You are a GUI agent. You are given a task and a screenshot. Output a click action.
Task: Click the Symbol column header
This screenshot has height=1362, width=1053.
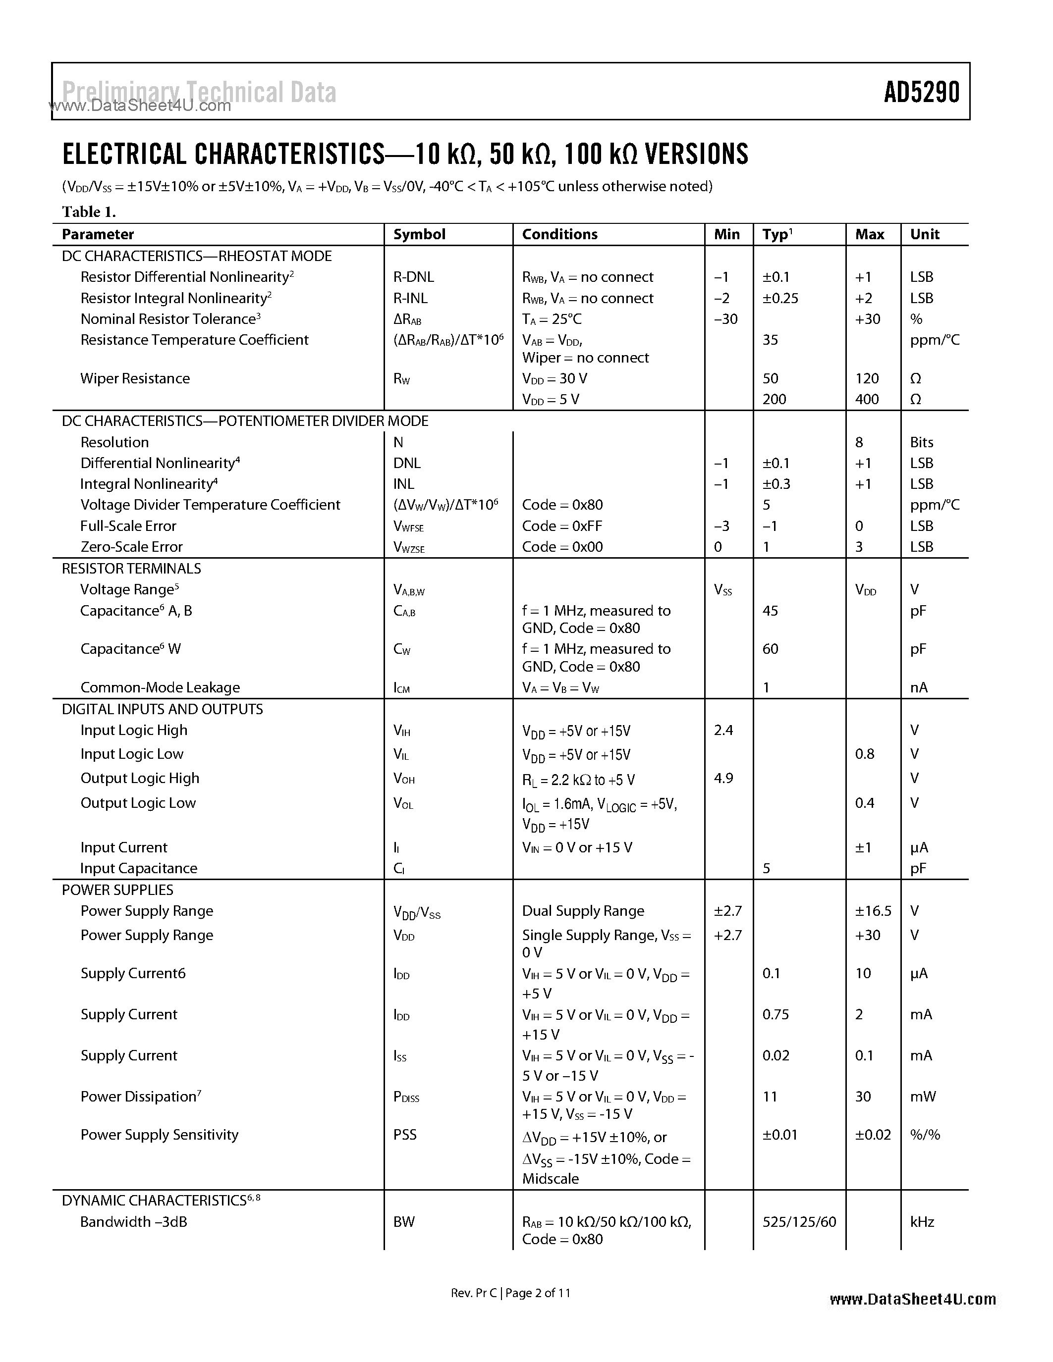pos(419,234)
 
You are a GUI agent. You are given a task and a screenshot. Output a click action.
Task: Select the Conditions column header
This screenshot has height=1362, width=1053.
pos(559,234)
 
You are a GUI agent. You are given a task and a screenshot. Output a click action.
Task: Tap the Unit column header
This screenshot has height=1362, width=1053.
pos(925,234)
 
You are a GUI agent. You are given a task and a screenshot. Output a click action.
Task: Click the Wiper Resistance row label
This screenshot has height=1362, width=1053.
pos(135,378)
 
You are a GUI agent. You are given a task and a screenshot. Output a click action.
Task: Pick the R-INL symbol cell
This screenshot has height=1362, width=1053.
pos(410,298)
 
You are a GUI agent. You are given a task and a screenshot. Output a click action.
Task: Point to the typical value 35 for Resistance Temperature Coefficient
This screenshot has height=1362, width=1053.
pos(771,340)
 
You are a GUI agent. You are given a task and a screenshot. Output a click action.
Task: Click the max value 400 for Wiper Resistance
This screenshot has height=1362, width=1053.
pos(867,399)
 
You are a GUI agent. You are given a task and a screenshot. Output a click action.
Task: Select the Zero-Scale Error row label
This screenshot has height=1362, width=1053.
pos(132,547)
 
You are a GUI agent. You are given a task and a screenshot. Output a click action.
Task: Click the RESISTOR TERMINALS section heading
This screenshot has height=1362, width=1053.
pos(132,569)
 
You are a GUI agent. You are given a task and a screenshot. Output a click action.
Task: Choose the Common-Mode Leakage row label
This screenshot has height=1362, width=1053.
pos(161,687)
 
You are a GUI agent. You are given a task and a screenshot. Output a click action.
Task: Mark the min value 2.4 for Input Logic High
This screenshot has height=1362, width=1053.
pos(723,730)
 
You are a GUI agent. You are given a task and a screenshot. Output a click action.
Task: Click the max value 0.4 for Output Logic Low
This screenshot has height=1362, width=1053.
pos(865,803)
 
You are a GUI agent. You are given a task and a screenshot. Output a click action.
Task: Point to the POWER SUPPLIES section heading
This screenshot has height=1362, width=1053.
pos(117,890)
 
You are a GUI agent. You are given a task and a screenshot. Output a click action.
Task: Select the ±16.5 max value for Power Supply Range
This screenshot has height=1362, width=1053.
pos(873,911)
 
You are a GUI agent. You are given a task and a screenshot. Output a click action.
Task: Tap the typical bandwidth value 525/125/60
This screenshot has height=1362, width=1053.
pos(799,1222)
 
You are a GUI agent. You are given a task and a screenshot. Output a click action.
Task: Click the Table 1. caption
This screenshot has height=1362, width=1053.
pos(89,212)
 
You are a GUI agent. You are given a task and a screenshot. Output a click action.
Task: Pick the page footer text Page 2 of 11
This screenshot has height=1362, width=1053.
pos(538,1293)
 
